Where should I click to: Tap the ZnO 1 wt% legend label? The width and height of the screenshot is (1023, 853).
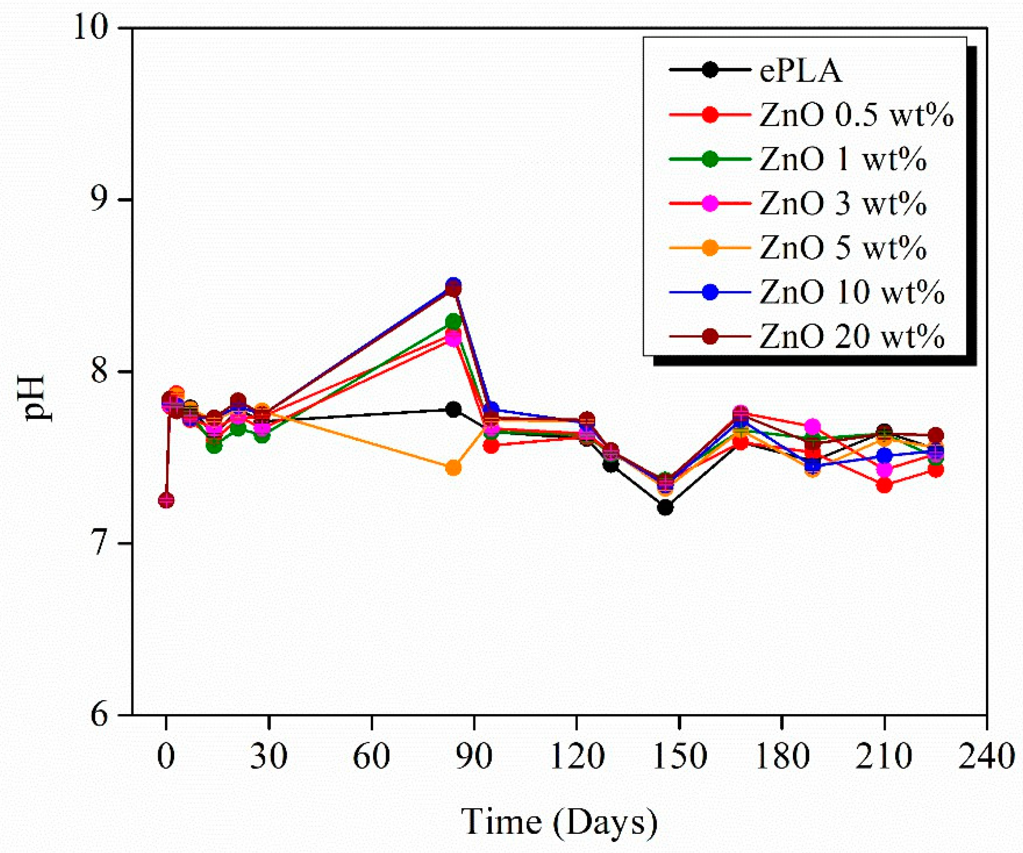pos(842,160)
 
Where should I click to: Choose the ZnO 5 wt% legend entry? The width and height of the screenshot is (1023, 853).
pos(842,248)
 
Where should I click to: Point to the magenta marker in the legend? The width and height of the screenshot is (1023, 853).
pos(711,204)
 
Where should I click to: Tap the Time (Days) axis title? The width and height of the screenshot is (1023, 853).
pos(559,821)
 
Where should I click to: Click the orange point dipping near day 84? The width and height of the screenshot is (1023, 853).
pos(453,468)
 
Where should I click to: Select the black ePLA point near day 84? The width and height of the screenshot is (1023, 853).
pos(453,410)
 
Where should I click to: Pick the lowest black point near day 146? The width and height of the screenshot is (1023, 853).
pos(665,507)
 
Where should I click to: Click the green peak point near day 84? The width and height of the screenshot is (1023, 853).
pos(453,322)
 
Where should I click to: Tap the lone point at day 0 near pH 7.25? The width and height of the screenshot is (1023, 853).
pos(166,500)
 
